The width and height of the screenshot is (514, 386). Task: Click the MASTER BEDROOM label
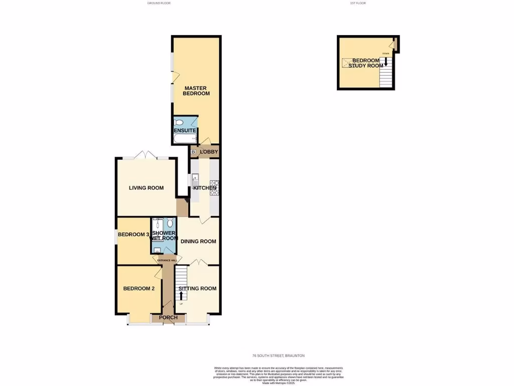[x=196, y=91]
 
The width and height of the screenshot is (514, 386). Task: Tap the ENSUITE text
[x=185, y=131]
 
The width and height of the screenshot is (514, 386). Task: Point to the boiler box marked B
[x=193, y=152]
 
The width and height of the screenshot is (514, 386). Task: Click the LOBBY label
[x=208, y=152]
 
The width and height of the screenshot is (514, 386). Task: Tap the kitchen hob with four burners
[x=214, y=187]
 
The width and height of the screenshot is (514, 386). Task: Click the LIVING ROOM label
[x=146, y=188]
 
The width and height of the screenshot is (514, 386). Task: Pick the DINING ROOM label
[x=198, y=241]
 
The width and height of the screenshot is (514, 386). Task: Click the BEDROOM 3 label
[x=133, y=235]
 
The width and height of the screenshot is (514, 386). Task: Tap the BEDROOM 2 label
[x=135, y=288]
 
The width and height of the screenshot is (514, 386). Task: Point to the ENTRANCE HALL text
[x=167, y=260]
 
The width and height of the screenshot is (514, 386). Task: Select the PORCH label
[x=168, y=318]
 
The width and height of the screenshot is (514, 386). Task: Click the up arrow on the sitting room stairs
[x=181, y=295]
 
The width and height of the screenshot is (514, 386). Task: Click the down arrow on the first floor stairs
[x=385, y=62]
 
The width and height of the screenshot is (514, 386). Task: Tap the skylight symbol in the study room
[x=347, y=62]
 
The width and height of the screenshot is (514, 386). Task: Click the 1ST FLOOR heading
[x=357, y=4]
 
